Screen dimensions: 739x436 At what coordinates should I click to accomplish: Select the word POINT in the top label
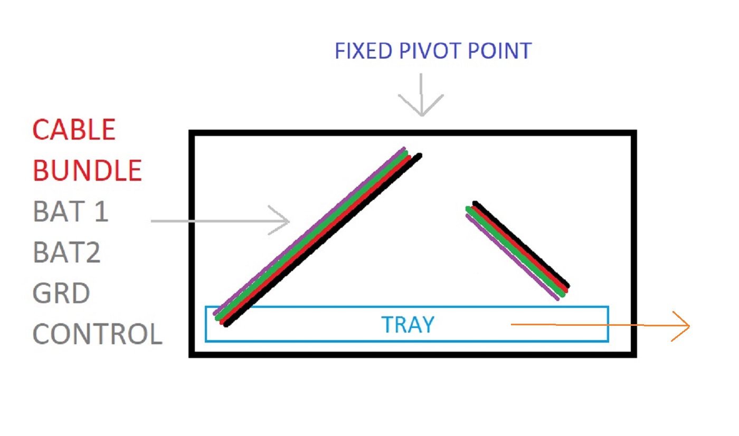coord(500,51)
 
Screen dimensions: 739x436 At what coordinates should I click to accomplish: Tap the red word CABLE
coord(74,130)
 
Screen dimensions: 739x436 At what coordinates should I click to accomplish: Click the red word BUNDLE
coord(88,170)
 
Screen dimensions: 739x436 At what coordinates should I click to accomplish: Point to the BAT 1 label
coord(71,211)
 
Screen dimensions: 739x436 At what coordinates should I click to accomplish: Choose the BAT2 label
coord(67,252)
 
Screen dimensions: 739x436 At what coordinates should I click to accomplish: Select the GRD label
coord(61,293)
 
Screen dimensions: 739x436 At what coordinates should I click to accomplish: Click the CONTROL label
coord(98,334)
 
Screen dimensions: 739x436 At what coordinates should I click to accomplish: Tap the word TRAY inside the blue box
coord(408,325)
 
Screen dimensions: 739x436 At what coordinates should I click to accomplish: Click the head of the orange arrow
coord(688,326)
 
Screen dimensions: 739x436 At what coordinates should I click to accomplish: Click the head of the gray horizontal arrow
coord(288,221)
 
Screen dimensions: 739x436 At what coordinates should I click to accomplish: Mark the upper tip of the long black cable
coord(420,155)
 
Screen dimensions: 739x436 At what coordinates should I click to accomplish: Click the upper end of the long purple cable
coord(404,149)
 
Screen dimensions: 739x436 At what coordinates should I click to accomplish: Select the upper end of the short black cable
coord(475,203)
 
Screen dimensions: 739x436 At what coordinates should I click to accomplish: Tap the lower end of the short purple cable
coord(557,299)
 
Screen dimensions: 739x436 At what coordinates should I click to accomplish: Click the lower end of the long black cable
coord(226,324)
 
